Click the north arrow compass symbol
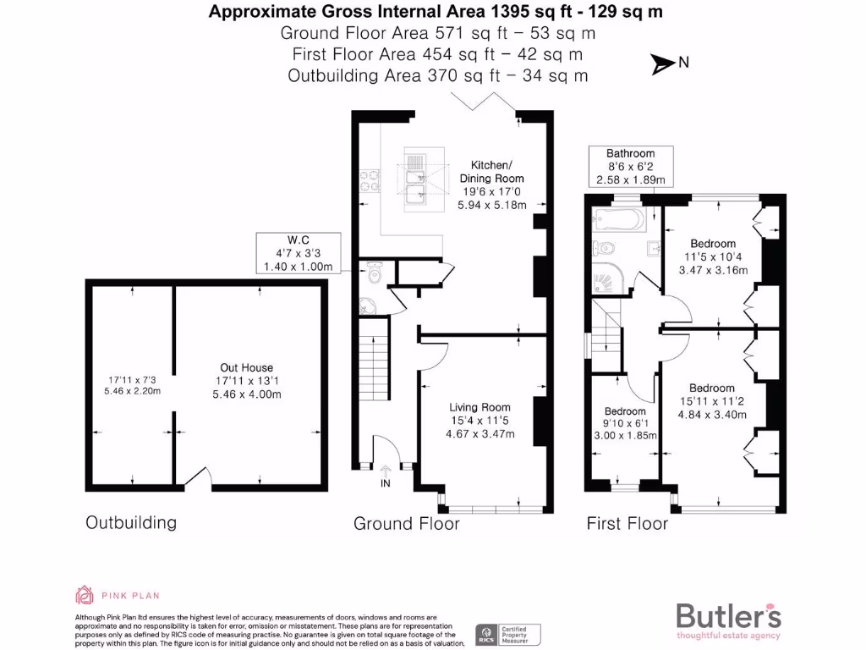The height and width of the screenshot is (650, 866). tap(661, 62)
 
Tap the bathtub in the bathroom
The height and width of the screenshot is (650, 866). tap(619, 219)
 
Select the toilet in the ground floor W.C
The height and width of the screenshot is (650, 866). tap(375, 274)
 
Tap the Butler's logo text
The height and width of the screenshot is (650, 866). tap(728, 614)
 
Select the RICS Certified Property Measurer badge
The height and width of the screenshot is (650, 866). tap(508, 635)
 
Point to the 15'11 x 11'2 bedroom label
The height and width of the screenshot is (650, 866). tap(712, 402)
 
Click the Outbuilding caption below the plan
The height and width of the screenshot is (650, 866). tap(131, 522)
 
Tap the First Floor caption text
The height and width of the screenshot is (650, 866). tap(627, 524)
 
